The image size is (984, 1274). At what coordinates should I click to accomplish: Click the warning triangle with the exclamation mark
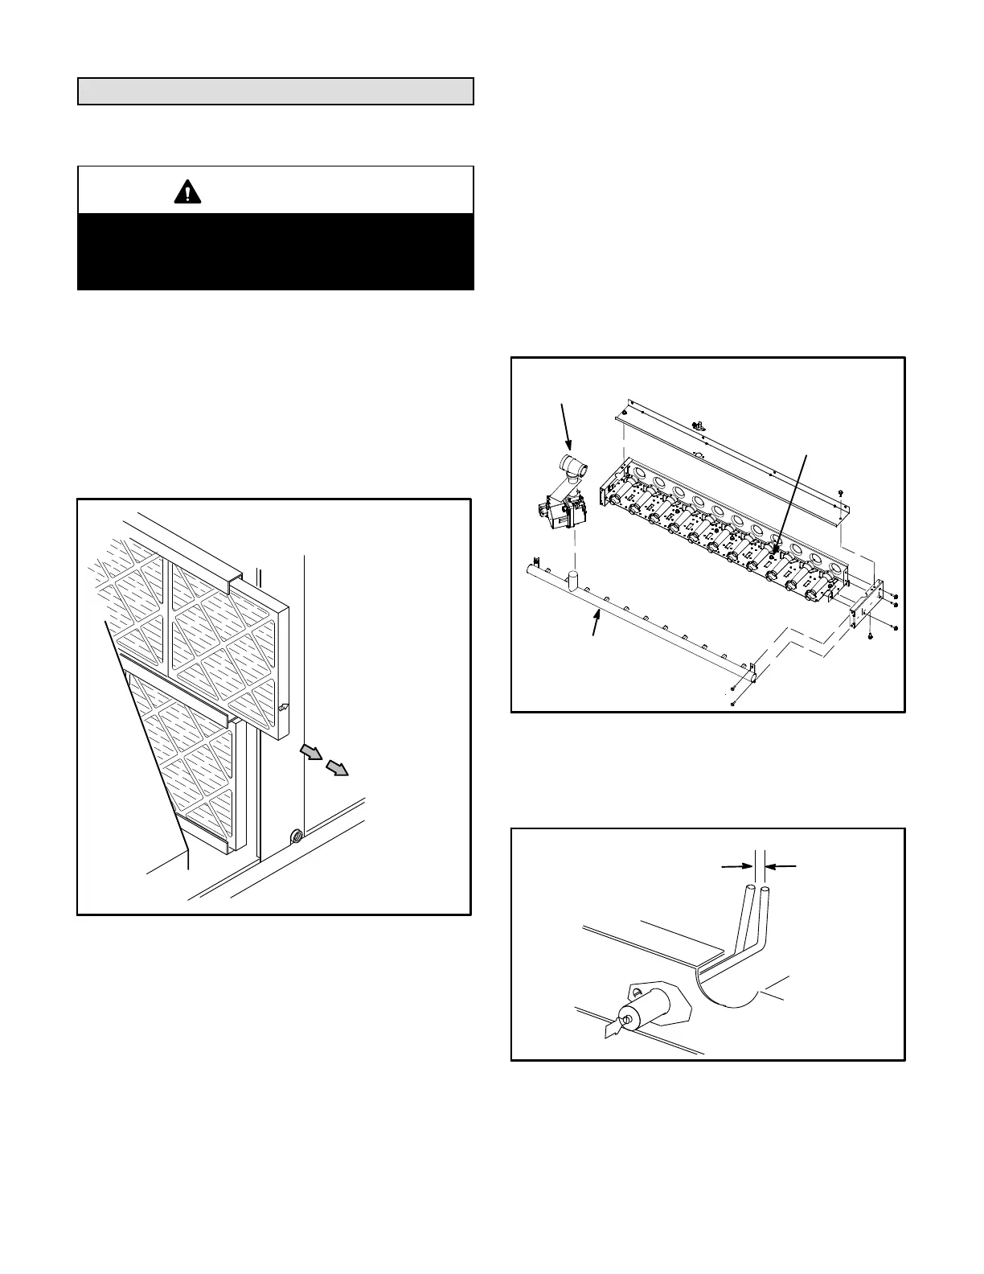click(187, 191)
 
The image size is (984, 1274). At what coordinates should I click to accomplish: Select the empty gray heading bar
click(275, 92)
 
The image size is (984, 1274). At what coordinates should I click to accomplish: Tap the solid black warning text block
click(275, 251)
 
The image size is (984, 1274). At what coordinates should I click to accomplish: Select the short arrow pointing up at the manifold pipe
click(596, 622)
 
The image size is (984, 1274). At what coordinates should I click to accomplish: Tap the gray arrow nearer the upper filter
click(310, 752)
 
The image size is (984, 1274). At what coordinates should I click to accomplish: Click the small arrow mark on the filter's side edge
click(283, 707)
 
